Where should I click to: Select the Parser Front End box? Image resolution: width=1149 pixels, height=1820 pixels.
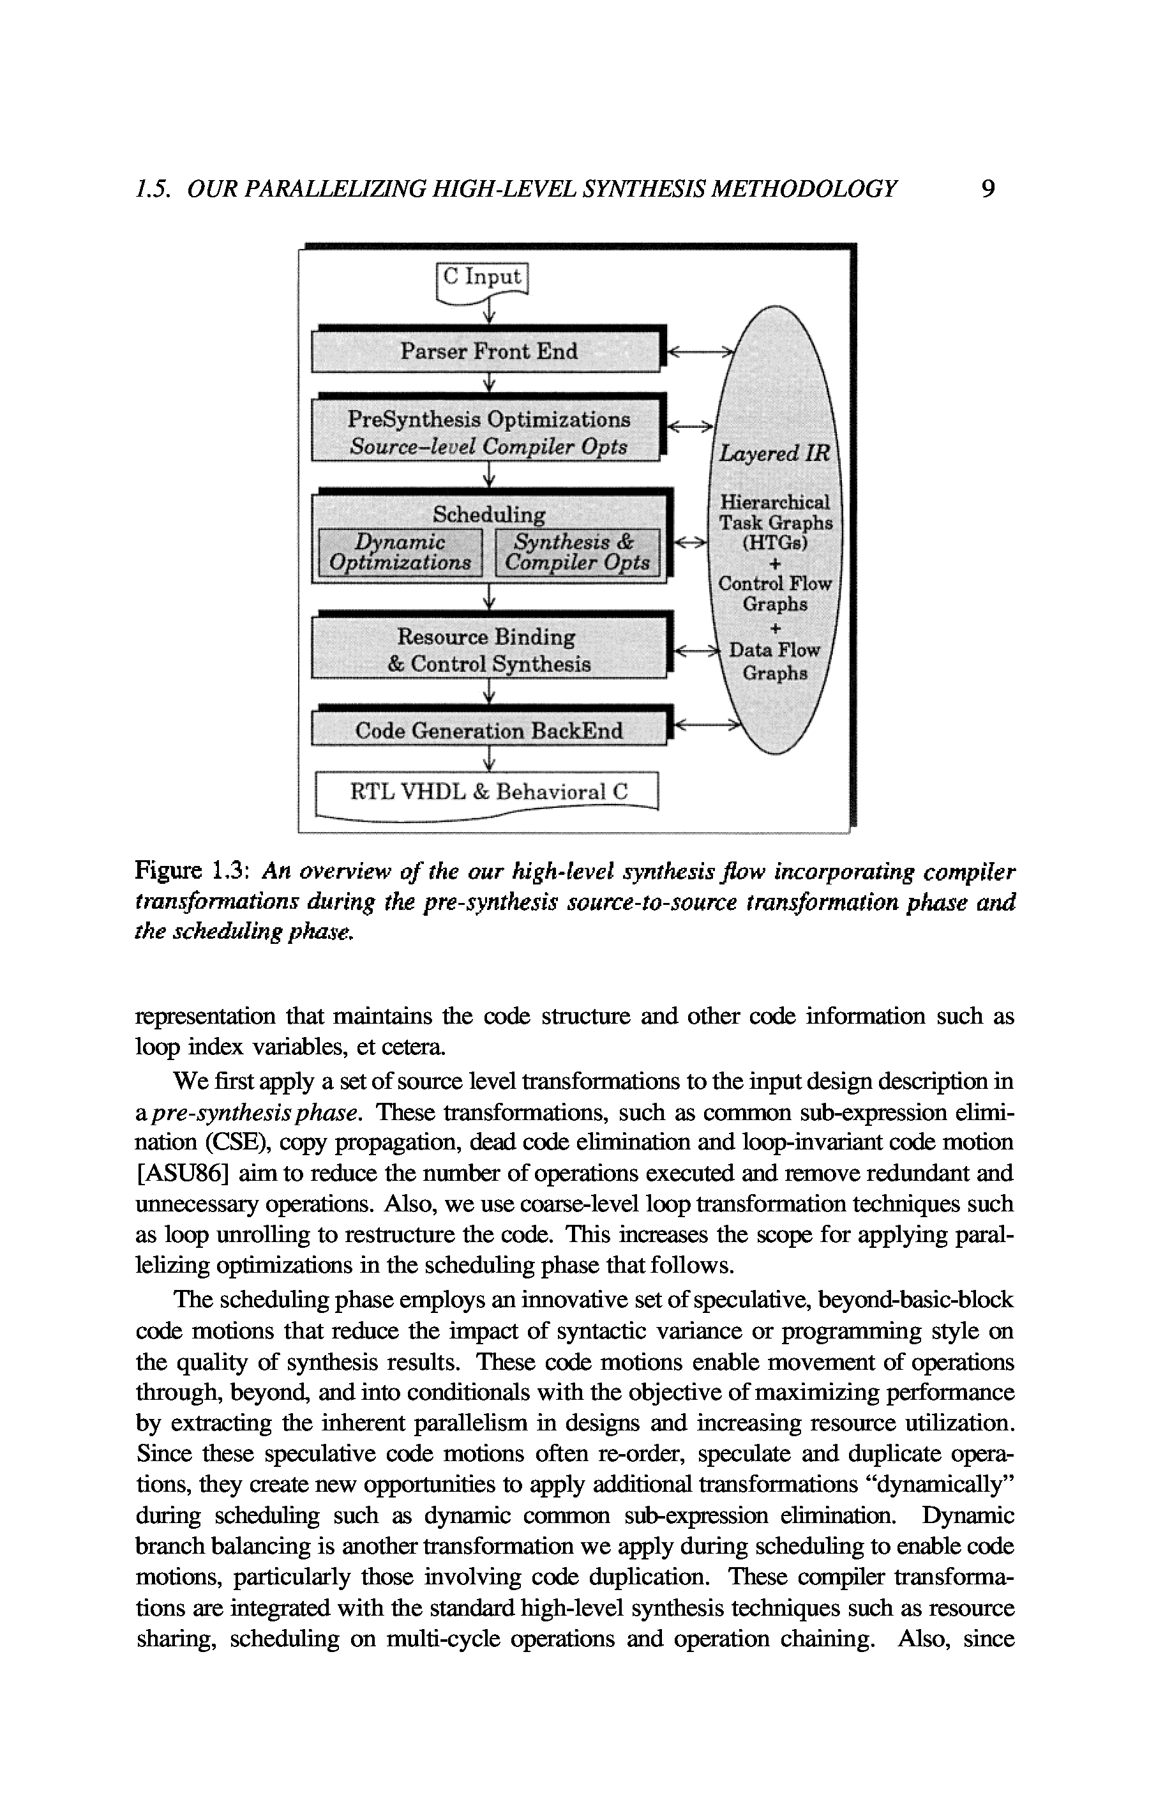[x=488, y=351]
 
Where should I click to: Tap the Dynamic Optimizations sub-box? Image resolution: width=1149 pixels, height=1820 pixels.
[x=400, y=552]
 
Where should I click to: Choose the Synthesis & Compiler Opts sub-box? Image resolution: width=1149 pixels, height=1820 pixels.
[x=577, y=552]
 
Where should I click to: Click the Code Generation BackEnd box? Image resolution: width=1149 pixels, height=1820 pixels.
[x=489, y=731]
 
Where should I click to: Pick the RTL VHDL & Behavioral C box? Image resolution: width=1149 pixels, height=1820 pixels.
[x=488, y=792]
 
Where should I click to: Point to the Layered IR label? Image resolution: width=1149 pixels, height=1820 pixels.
[x=774, y=453]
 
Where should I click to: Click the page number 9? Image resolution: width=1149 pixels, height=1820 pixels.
[x=988, y=188]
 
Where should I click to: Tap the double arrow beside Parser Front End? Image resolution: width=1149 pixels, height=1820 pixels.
[x=702, y=351]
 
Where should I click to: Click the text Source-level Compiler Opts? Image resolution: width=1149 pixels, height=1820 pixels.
[x=488, y=446]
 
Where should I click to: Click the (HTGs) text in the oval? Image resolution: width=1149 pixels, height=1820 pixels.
[x=775, y=543]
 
